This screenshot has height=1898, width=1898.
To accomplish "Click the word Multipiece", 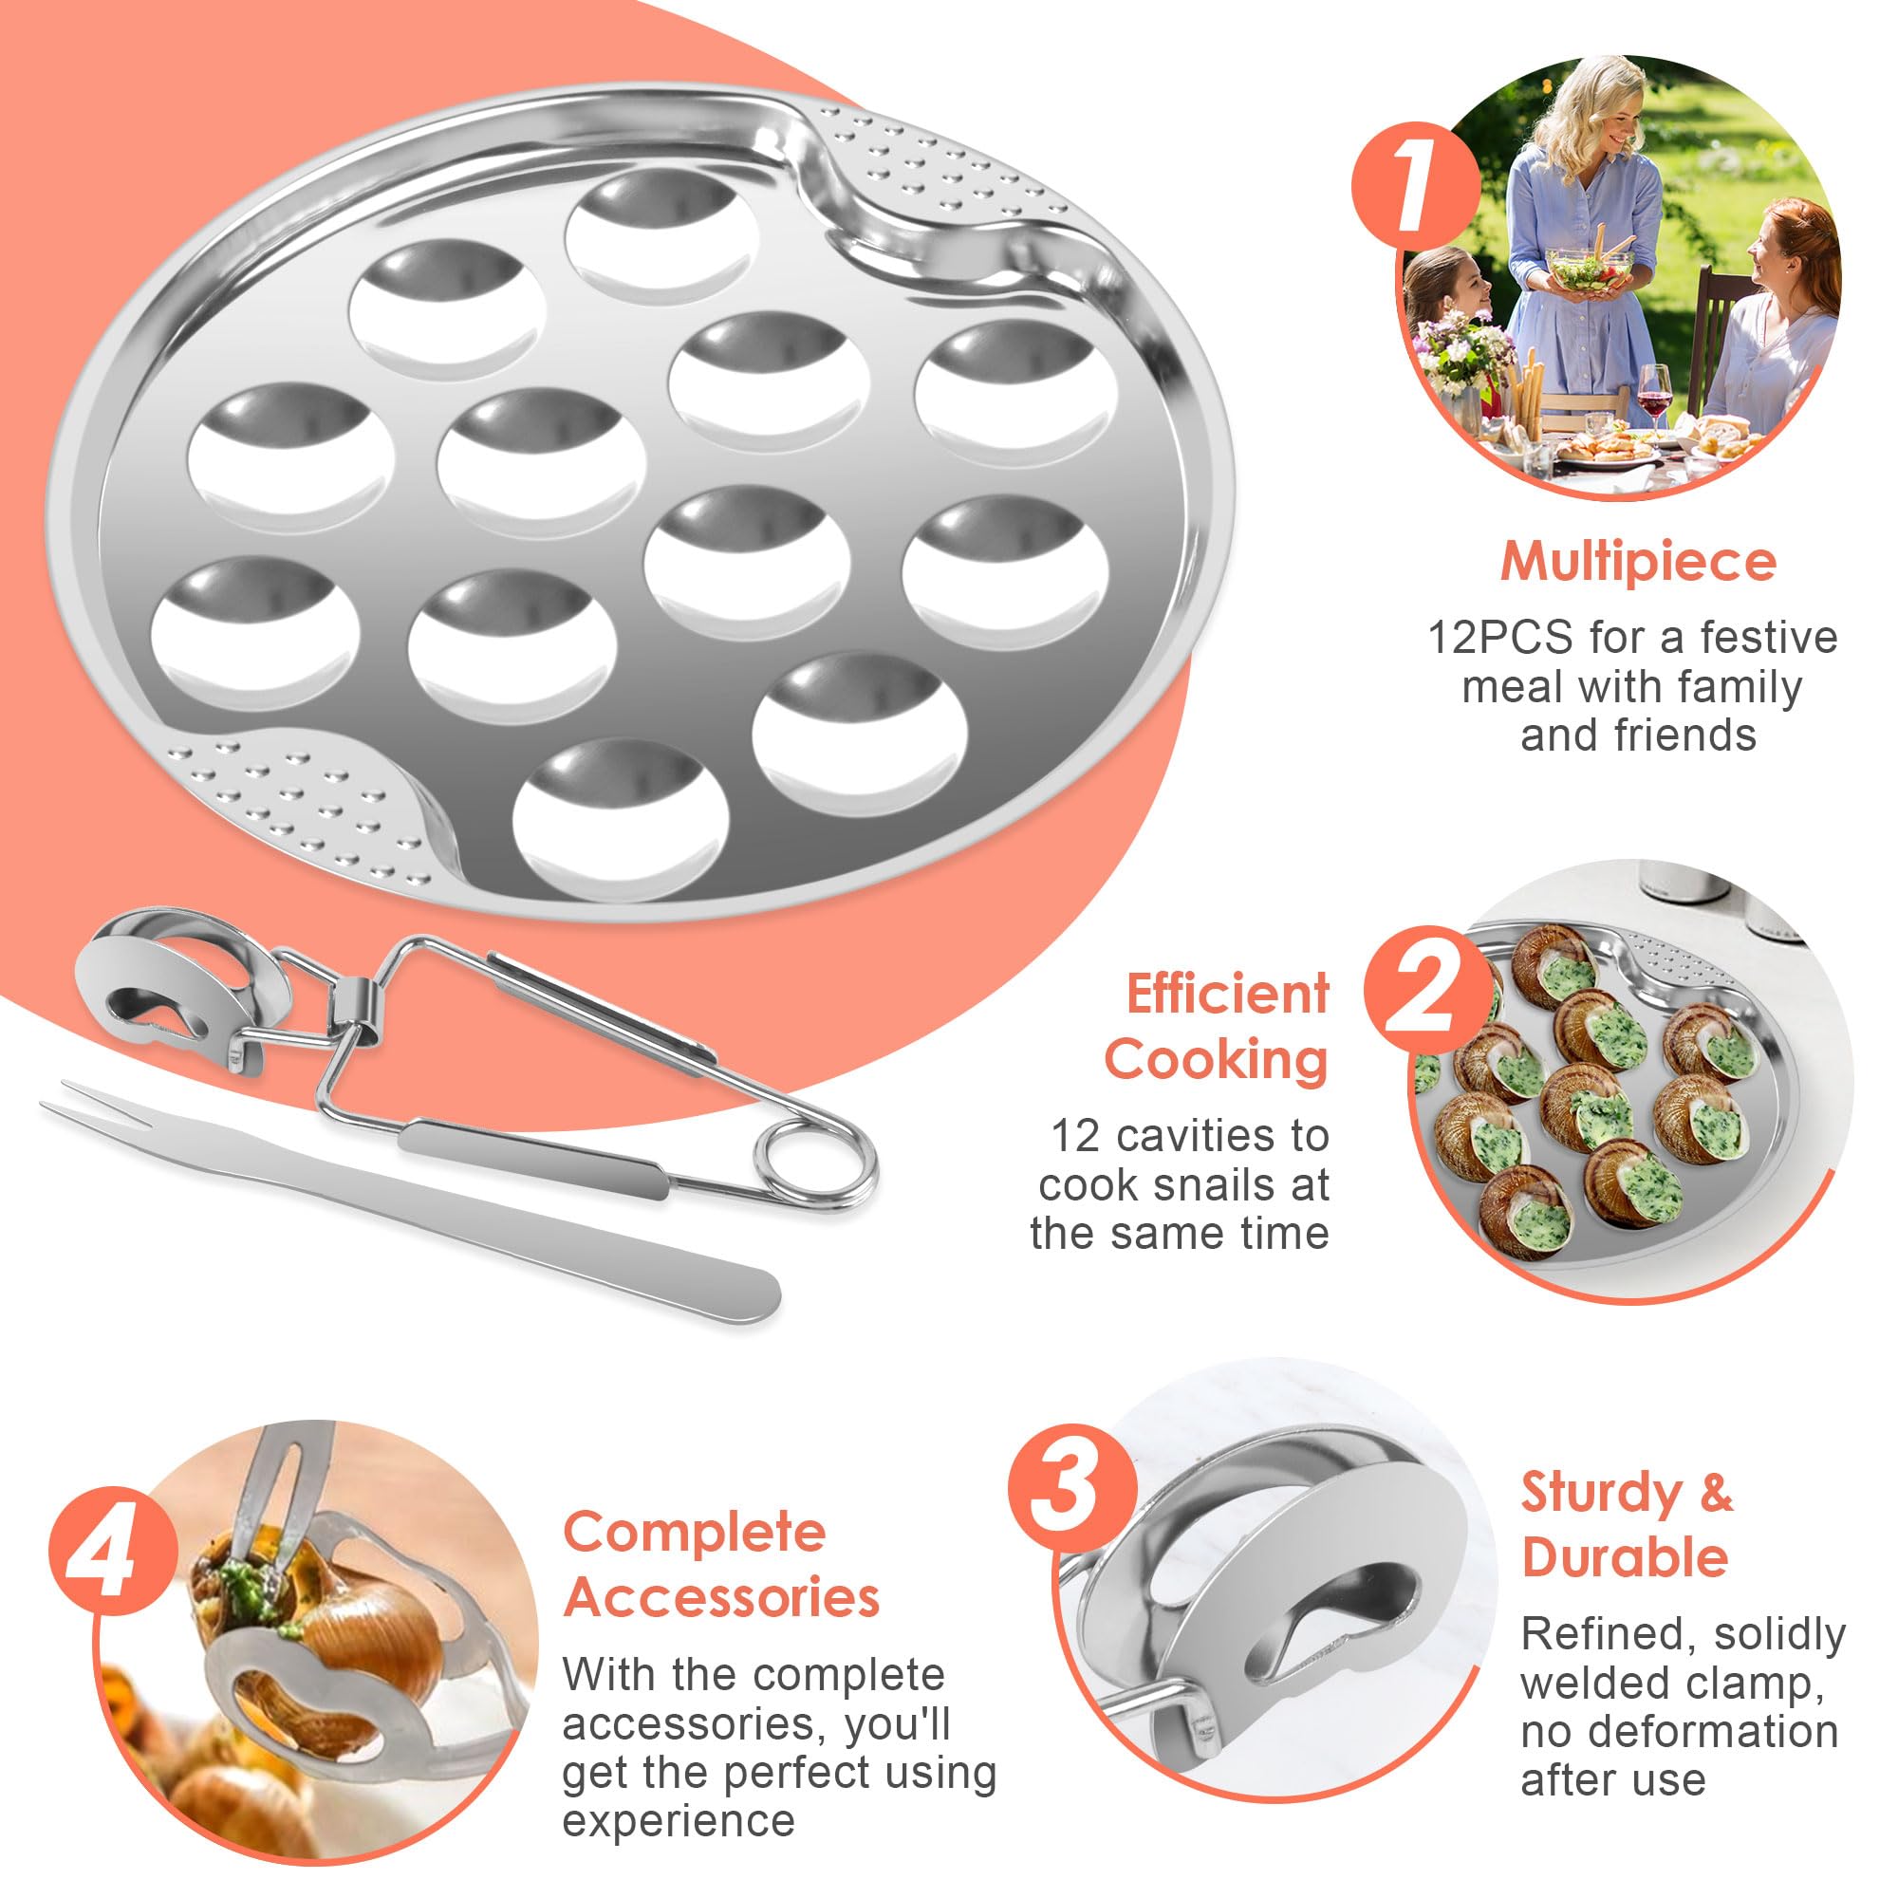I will [1638, 563].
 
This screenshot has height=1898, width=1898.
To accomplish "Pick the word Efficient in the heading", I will [1227, 994].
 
